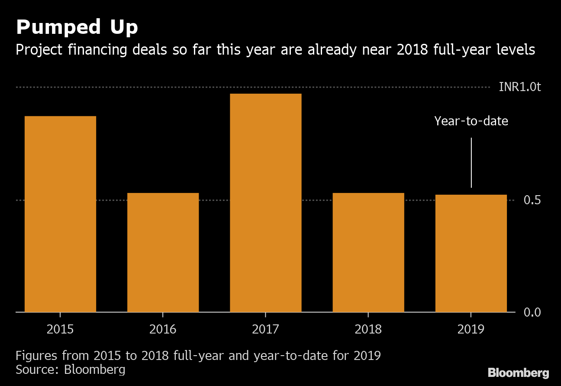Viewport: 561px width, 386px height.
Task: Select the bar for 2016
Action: click(x=163, y=252)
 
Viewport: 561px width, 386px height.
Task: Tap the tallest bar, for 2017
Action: click(x=265, y=203)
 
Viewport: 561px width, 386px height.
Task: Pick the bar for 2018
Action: click(x=368, y=252)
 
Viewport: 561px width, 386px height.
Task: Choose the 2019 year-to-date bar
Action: click(x=471, y=253)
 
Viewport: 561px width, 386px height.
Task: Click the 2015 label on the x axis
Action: click(x=60, y=329)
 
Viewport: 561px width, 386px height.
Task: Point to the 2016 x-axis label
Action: click(x=163, y=329)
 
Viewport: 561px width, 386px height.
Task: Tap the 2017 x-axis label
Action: click(x=265, y=329)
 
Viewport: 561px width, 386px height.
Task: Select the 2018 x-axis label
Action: click(x=368, y=329)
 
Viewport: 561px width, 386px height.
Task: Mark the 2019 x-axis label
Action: click(x=471, y=329)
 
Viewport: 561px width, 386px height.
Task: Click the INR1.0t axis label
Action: click(x=519, y=87)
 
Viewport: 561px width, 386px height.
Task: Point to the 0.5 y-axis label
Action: click(x=532, y=200)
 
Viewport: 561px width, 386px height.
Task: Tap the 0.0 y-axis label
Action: click(x=532, y=312)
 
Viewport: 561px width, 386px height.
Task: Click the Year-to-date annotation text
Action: click(x=471, y=121)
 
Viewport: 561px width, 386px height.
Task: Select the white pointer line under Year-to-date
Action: click(x=471, y=163)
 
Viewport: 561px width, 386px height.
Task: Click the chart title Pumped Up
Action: click(x=77, y=28)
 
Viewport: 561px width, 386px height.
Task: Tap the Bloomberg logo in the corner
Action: click(x=518, y=373)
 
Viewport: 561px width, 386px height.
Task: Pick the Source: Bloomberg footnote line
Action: click(x=71, y=370)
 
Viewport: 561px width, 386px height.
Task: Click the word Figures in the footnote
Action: click(x=37, y=356)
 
